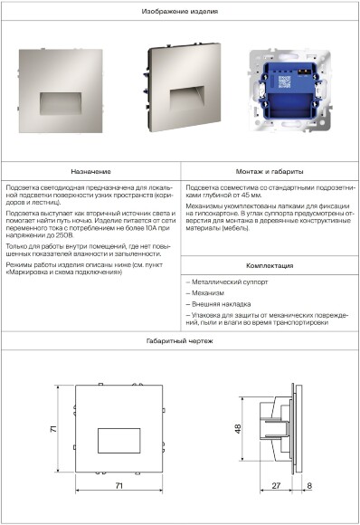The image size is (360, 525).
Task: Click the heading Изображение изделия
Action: tap(180, 11)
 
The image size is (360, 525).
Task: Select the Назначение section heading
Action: tap(90, 171)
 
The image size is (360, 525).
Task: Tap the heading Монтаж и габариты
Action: tap(270, 171)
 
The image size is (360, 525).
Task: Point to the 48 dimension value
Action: tap(238, 428)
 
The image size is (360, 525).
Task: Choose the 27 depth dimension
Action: tap(276, 487)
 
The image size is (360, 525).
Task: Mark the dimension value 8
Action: tap(309, 487)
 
